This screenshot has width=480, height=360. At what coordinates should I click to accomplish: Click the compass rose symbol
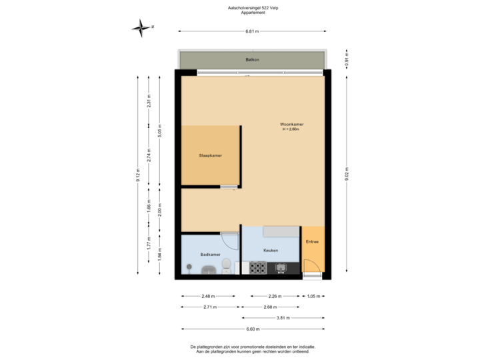pyautogui.click(x=141, y=27)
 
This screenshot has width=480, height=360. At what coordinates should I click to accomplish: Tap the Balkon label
pyautogui.click(x=252, y=60)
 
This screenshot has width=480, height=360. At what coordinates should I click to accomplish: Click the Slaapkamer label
pyautogui.click(x=210, y=155)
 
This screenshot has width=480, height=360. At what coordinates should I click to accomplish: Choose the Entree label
pyautogui.click(x=312, y=242)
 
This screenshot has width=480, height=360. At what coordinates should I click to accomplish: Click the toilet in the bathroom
pyautogui.click(x=227, y=266)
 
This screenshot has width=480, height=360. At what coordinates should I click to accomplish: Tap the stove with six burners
pyautogui.click(x=258, y=268)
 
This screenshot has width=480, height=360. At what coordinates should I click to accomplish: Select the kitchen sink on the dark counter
pyautogui.click(x=281, y=268)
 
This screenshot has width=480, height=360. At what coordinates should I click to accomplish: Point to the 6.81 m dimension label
pyautogui.click(x=252, y=31)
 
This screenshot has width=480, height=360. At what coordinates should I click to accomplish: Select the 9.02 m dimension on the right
pyautogui.click(x=346, y=174)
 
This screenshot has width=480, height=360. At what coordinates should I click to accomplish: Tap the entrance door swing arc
pyautogui.click(x=312, y=265)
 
